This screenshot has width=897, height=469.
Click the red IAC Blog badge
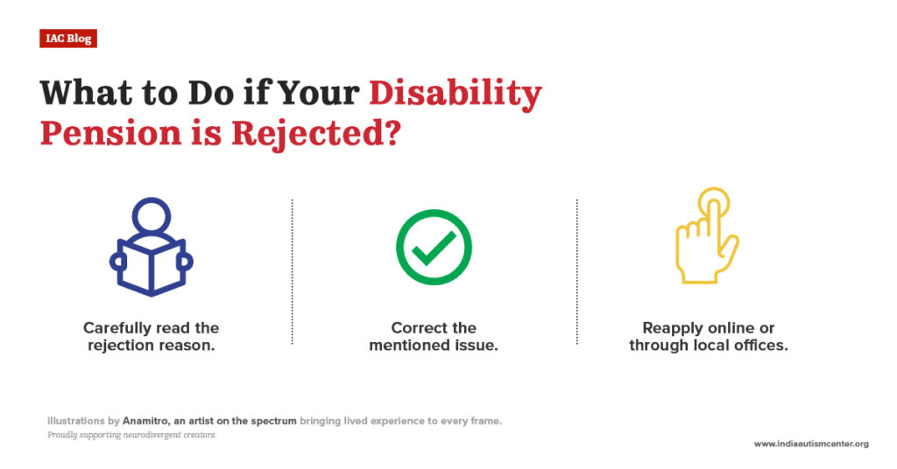(x=67, y=38)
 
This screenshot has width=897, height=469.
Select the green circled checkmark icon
(x=434, y=248)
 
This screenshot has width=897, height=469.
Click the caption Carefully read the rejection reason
(x=151, y=336)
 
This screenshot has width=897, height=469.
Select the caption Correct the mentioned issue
(x=434, y=336)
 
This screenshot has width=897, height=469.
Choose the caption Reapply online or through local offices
(x=709, y=336)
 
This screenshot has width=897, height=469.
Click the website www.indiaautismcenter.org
(x=811, y=444)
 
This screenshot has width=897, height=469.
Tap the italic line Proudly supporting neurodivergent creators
(x=131, y=435)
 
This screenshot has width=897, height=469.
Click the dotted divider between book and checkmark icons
(x=292, y=271)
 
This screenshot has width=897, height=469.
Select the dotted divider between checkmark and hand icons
(x=577, y=271)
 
